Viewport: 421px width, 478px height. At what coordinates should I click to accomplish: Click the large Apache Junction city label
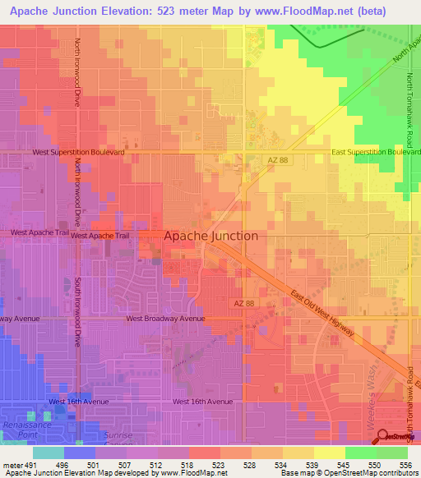[x=211, y=236]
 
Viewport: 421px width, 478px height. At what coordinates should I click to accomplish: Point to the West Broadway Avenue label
[x=165, y=319]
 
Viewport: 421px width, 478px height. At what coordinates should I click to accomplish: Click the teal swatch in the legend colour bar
[x=49, y=453]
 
